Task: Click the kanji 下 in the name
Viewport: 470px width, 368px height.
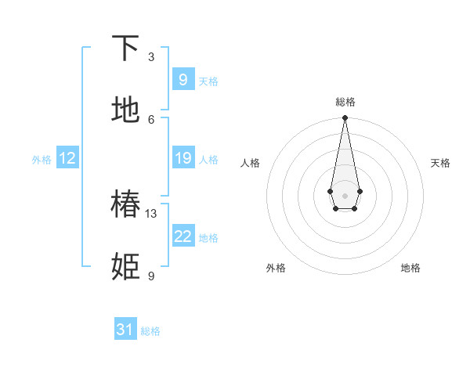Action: point(126,49)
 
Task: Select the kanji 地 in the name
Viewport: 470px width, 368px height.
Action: point(126,110)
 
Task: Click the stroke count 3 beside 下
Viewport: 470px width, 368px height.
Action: point(151,57)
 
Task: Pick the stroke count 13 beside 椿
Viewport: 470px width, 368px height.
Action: point(151,213)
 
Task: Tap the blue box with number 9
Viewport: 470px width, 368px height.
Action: point(183,79)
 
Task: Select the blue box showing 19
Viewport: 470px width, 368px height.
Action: point(183,158)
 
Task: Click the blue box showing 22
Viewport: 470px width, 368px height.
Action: point(183,236)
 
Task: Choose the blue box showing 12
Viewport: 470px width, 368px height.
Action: point(67,158)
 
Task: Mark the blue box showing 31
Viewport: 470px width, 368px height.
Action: point(125,330)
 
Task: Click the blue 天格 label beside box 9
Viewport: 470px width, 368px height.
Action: point(208,81)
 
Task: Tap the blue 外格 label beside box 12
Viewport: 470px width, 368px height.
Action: point(42,160)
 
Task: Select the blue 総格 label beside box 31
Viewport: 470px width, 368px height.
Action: point(150,331)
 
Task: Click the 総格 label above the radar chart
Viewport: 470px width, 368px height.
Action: point(345,102)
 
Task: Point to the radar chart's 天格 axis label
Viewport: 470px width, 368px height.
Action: point(440,163)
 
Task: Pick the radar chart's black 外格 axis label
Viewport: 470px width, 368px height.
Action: point(276,268)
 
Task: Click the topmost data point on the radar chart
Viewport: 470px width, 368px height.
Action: point(345,118)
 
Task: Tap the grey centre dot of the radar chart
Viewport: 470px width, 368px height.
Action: point(345,194)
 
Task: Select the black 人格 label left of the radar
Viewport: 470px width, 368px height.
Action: point(251,163)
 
